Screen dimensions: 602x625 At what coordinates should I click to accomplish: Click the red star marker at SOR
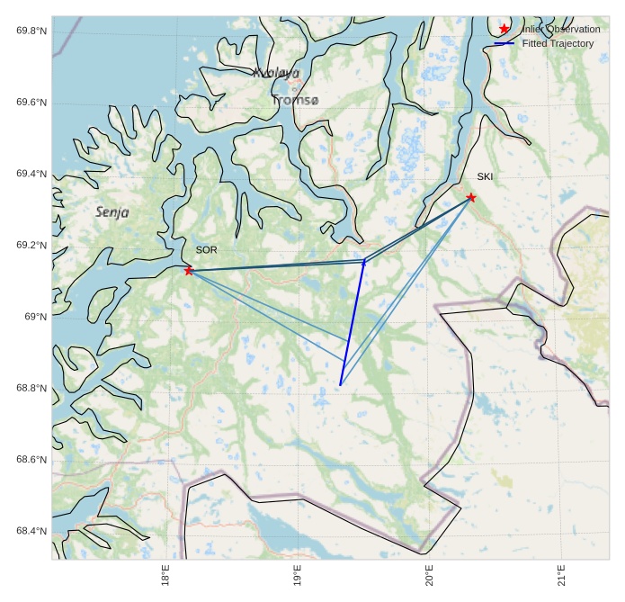point(189,271)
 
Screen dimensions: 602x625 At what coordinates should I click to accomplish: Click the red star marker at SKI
point(471,197)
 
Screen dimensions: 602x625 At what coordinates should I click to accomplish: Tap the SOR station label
point(206,249)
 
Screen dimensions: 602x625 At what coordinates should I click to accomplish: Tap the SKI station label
point(485,176)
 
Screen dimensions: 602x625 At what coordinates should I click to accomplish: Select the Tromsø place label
point(295,100)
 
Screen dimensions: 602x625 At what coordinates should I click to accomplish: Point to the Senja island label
point(112,212)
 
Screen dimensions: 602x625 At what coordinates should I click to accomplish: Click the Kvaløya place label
point(276,73)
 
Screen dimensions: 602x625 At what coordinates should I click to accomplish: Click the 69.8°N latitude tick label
point(31,31)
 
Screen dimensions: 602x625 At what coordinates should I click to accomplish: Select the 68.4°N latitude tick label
point(31,531)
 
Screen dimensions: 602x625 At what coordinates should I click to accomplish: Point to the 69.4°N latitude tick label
point(31,174)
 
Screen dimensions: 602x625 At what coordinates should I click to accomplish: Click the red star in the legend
point(504,30)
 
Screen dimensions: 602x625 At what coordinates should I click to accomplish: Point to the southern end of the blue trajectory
point(340,385)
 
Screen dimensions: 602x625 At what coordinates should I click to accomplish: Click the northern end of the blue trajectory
point(364,261)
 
